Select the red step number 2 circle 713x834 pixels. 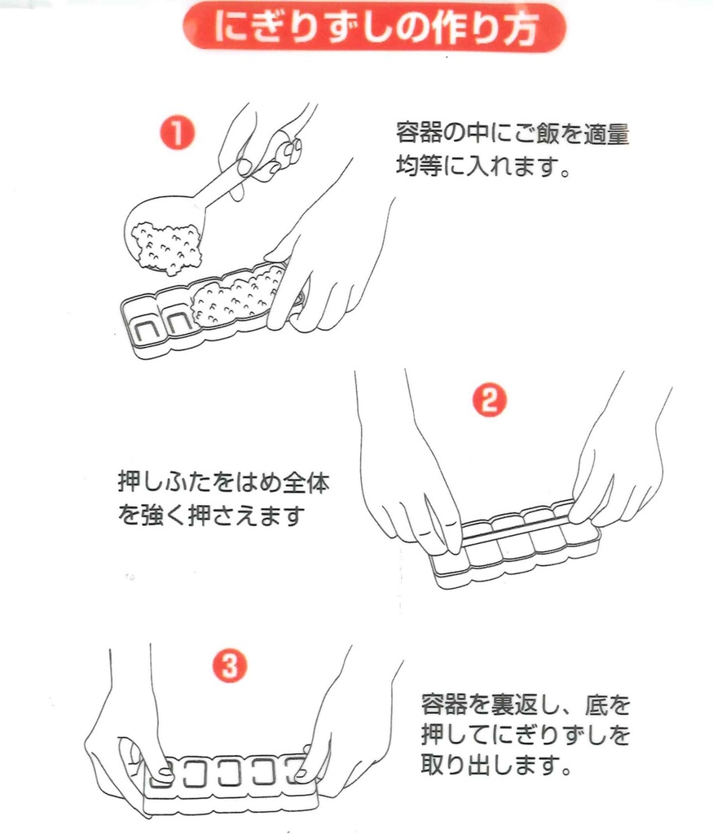[x=490, y=400]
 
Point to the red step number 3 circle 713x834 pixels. [x=230, y=667]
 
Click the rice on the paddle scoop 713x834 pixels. [x=166, y=244]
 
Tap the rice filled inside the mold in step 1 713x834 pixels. [x=236, y=297]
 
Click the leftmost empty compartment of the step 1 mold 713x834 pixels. [x=143, y=323]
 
